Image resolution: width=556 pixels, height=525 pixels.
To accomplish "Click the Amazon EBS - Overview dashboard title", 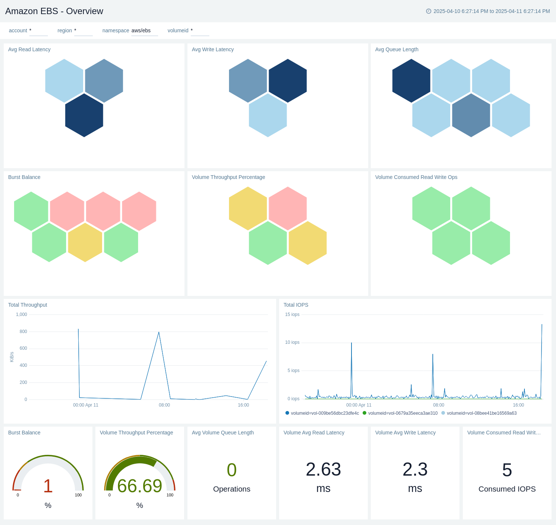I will pyautogui.click(x=54, y=11).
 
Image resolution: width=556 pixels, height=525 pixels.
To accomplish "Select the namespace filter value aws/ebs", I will pyautogui.click(x=141, y=30).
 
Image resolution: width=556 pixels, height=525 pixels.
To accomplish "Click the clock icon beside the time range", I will pyautogui.click(x=429, y=11).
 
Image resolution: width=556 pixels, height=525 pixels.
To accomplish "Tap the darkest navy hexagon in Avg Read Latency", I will pyautogui.click(x=84, y=115).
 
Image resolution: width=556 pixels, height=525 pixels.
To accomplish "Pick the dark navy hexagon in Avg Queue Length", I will pyautogui.click(x=411, y=81).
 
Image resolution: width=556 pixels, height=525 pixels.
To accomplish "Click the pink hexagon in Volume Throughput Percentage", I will pyautogui.click(x=288, y=208).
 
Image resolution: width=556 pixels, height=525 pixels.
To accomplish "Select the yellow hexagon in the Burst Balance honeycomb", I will pyautogui.click(x=85, y=242).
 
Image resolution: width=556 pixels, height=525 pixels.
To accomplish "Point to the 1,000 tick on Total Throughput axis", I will pyautogui.click(x=22, y=314).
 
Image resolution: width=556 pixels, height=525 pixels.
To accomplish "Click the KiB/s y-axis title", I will pyautogui.click(x=12, y=357).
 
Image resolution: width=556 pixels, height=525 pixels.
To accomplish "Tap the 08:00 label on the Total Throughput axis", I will pyautogui.click(x=164, y=405).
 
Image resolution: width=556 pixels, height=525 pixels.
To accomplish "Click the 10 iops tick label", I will pyautogui.click(x=292, y=342).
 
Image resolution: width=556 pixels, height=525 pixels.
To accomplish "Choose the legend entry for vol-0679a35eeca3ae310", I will pyautogui.click(x=402, y=413).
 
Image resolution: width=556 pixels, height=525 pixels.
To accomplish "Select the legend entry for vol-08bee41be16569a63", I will pyautogui.click(x=481, y=413).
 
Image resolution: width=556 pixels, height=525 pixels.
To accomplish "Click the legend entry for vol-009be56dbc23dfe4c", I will pyautogui.click(x=324, y=413).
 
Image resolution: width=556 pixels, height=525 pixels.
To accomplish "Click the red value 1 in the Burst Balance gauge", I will pyautogui.click(x=48, y=486).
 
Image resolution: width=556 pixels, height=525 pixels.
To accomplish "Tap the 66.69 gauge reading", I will pyautogui.click(x=140, y=486).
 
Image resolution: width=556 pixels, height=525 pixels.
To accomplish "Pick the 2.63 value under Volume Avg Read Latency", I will pyautogui.click(x=323, y=469).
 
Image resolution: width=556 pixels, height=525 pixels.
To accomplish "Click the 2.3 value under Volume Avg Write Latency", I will pyautogui.click(x=415, y=469).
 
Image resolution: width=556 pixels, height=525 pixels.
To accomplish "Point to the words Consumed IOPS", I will pyautogui.click(x=507, y=489).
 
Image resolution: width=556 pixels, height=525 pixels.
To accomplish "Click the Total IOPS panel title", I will pyautogui.click(x=296, y=305).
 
